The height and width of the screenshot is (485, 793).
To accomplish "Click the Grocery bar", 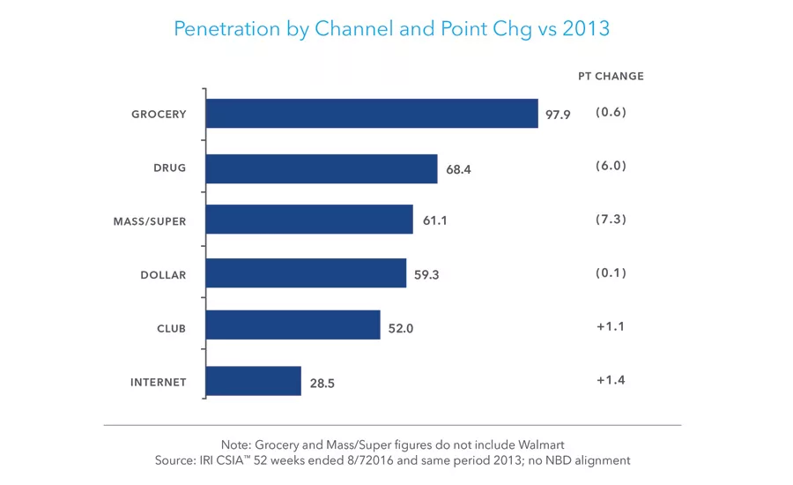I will pyautogui.click(x=371, y=114).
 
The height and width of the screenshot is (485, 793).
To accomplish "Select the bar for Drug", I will pyautogui.click(x=321, y=168).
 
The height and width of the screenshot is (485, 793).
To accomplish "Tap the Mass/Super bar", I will pyautogui.click(x=308, y=220).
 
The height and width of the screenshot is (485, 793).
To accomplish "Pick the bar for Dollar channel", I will pyautogui.click(x=305, y=273).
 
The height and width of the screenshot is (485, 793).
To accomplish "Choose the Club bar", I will pyautogui.click(x=292, y=325).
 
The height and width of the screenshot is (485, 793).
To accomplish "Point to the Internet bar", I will pyautogui.click(x=253, y=381).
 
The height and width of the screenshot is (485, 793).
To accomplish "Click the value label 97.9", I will pyautogui.click(x=558, y=115).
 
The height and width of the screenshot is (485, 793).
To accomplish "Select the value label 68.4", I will pyautogui.click(x=458, y=168).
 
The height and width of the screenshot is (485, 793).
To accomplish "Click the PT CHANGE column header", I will pyautogui.click(x=611, y=76).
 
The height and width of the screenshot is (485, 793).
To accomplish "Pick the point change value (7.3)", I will pyautogui.click(x=611, y=219).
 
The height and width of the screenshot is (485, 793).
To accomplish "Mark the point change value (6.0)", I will pyautogui.click(x=611, y=165).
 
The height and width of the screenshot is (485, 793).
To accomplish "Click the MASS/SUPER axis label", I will pyautogui.click(x=150, y=221).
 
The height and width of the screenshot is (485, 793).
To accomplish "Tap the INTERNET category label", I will pyautogui.click(x=159, y=382).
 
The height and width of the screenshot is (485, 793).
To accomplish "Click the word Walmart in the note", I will pyautogui.click(x=539, y=444).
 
